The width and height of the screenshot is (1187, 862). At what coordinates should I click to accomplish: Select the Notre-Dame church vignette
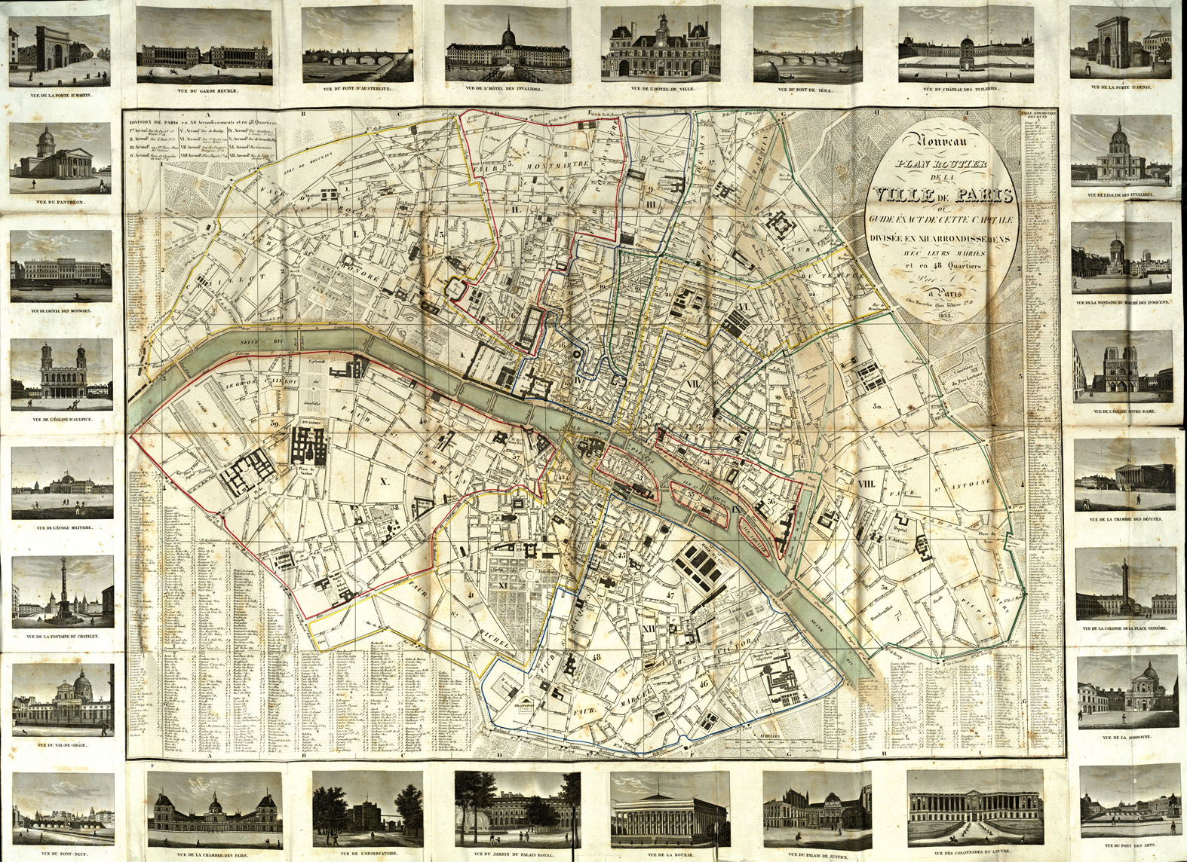(1123, 367)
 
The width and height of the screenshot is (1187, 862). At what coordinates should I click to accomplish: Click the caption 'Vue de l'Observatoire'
(368, 854)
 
